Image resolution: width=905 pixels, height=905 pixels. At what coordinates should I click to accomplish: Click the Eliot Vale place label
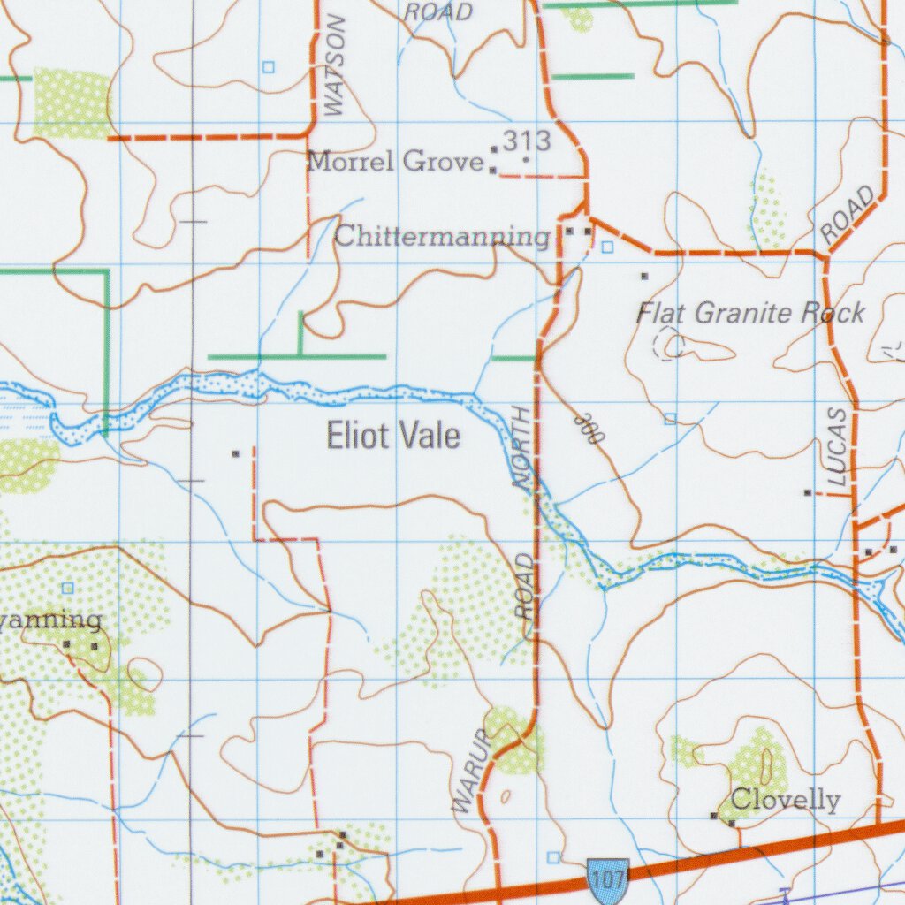click(393, 436)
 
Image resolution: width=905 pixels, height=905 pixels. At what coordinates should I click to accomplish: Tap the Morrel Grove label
click(395, 162)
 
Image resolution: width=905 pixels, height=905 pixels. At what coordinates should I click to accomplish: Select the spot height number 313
click(528, 141)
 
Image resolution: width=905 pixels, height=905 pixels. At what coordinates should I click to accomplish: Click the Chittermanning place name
click(442, 237)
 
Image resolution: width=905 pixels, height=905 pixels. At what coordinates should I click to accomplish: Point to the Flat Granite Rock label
click(750, 313)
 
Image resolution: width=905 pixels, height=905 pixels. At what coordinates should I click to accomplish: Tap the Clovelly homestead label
click(785, 801)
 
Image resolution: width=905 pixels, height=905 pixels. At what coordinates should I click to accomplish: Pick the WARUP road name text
click(470, 771)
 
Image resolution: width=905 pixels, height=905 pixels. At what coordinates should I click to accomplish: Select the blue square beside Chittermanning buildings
click(606, 247)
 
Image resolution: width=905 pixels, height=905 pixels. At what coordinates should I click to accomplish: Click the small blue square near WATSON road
click(268, 66)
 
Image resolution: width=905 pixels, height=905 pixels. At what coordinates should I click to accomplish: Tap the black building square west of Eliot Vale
click(235, 453)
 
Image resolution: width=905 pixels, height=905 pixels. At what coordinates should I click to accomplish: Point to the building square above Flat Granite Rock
click(644, 277)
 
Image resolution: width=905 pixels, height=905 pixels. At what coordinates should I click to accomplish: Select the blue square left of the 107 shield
click(553, 857)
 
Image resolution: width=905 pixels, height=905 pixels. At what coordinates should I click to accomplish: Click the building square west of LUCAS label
click(807, 492)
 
